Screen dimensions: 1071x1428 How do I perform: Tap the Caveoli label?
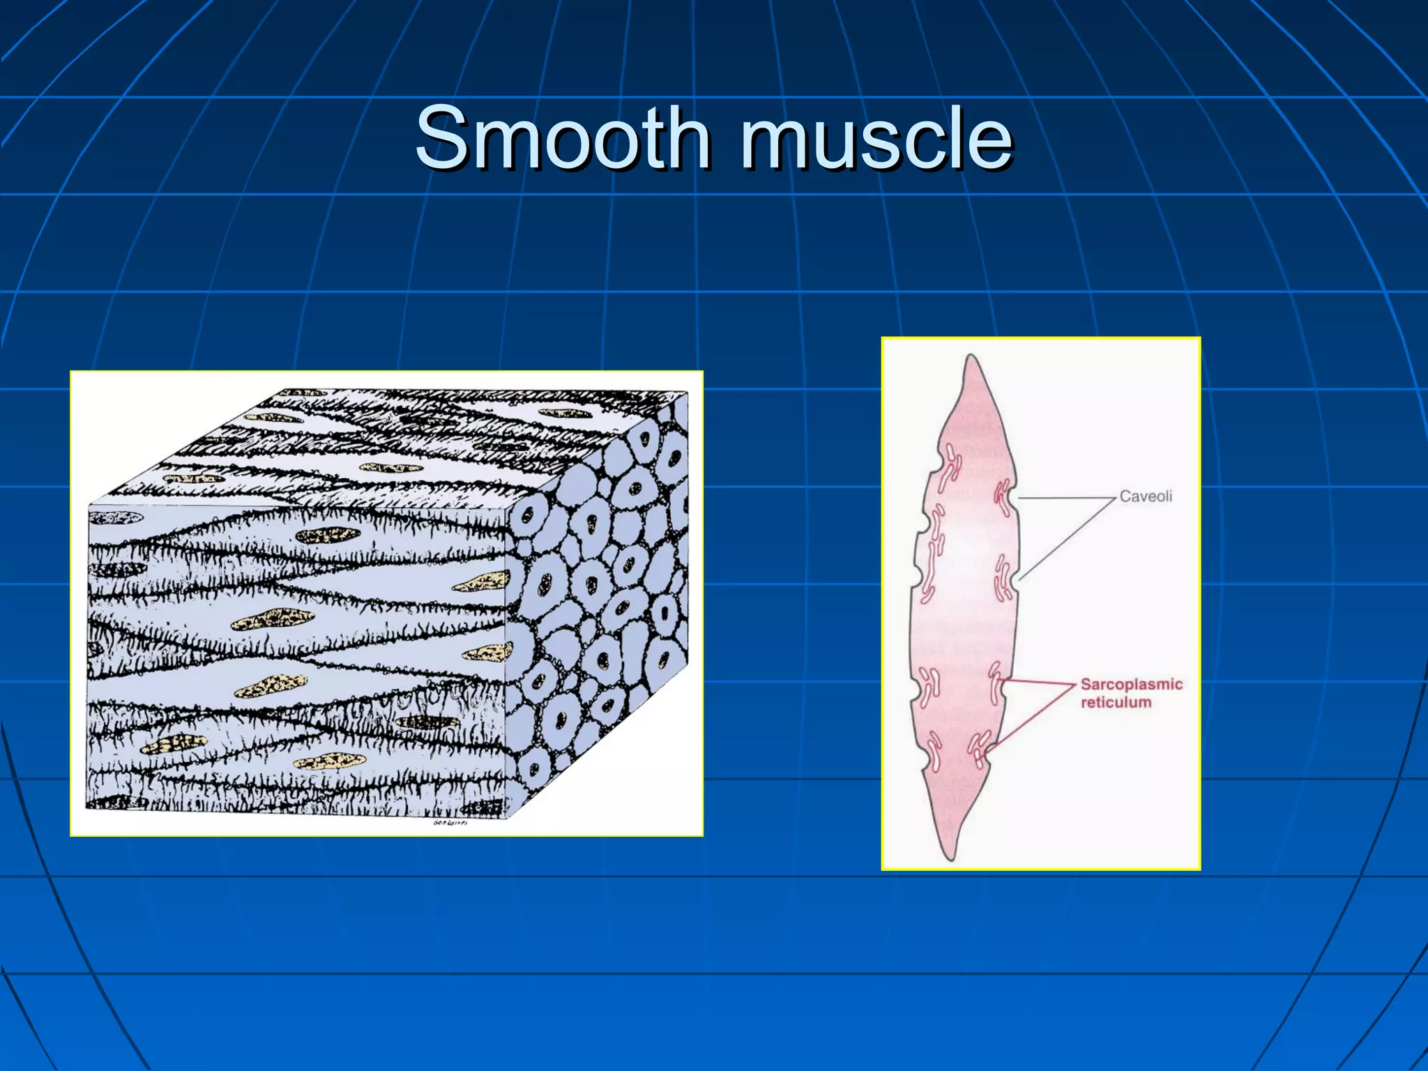[1146, 496]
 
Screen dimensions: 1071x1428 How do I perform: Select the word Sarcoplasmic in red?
[1131, 684]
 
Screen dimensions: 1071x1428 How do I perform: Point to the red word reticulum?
[1116, 702]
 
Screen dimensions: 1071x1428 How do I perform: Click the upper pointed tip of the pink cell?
[971, 358]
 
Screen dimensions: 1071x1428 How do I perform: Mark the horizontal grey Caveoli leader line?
[1067, 498]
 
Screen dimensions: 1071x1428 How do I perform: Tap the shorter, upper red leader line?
[1039, 683]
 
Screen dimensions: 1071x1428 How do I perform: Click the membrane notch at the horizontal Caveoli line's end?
[1015, 498]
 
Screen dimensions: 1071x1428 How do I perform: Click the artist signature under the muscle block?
[450, 823]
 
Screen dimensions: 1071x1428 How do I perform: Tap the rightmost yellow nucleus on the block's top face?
[563, 414]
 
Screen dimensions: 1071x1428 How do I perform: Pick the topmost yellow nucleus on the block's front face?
[328, 535]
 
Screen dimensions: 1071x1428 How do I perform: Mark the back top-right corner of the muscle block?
[687, 392]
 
